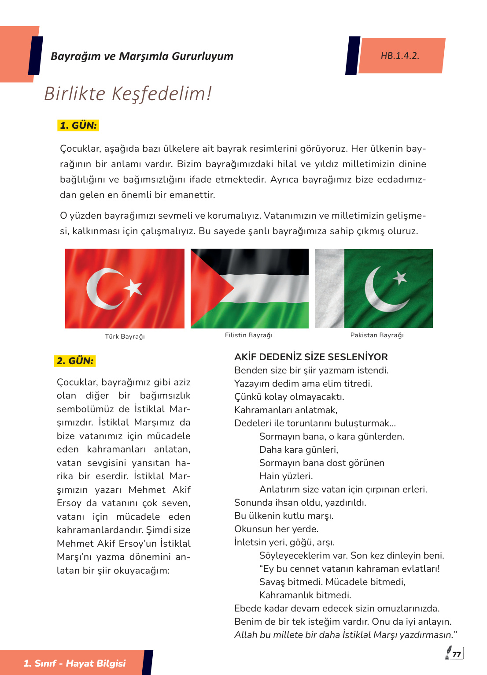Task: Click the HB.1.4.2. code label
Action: click(400, 56)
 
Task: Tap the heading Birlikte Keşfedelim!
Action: click(128, 93)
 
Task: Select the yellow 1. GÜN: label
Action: click(78, 125)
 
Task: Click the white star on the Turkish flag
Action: click(133, 287)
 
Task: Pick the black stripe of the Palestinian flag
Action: click(264, 260)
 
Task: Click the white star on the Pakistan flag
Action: click(399, 278)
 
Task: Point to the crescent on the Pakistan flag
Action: click(376, 295)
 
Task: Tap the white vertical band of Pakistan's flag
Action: click(329, 288)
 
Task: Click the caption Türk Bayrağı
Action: click(125, 336)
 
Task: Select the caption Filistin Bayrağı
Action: click(249, 335)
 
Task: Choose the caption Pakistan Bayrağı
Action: click(377, 335)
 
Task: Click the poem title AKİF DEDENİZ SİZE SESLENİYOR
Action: click(311, 357)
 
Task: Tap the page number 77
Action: click(457, 654)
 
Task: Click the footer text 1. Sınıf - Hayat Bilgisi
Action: click(74, 663)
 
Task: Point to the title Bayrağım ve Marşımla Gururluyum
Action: click(142, 56)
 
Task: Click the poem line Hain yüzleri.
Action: click(286, 476)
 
